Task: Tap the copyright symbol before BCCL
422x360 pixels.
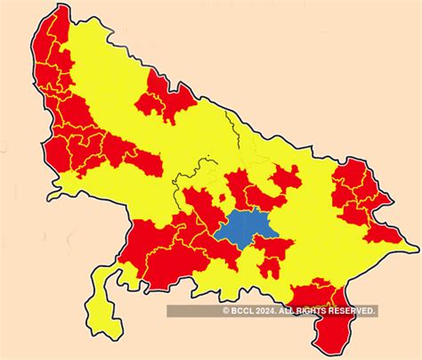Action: coord(227,310)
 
